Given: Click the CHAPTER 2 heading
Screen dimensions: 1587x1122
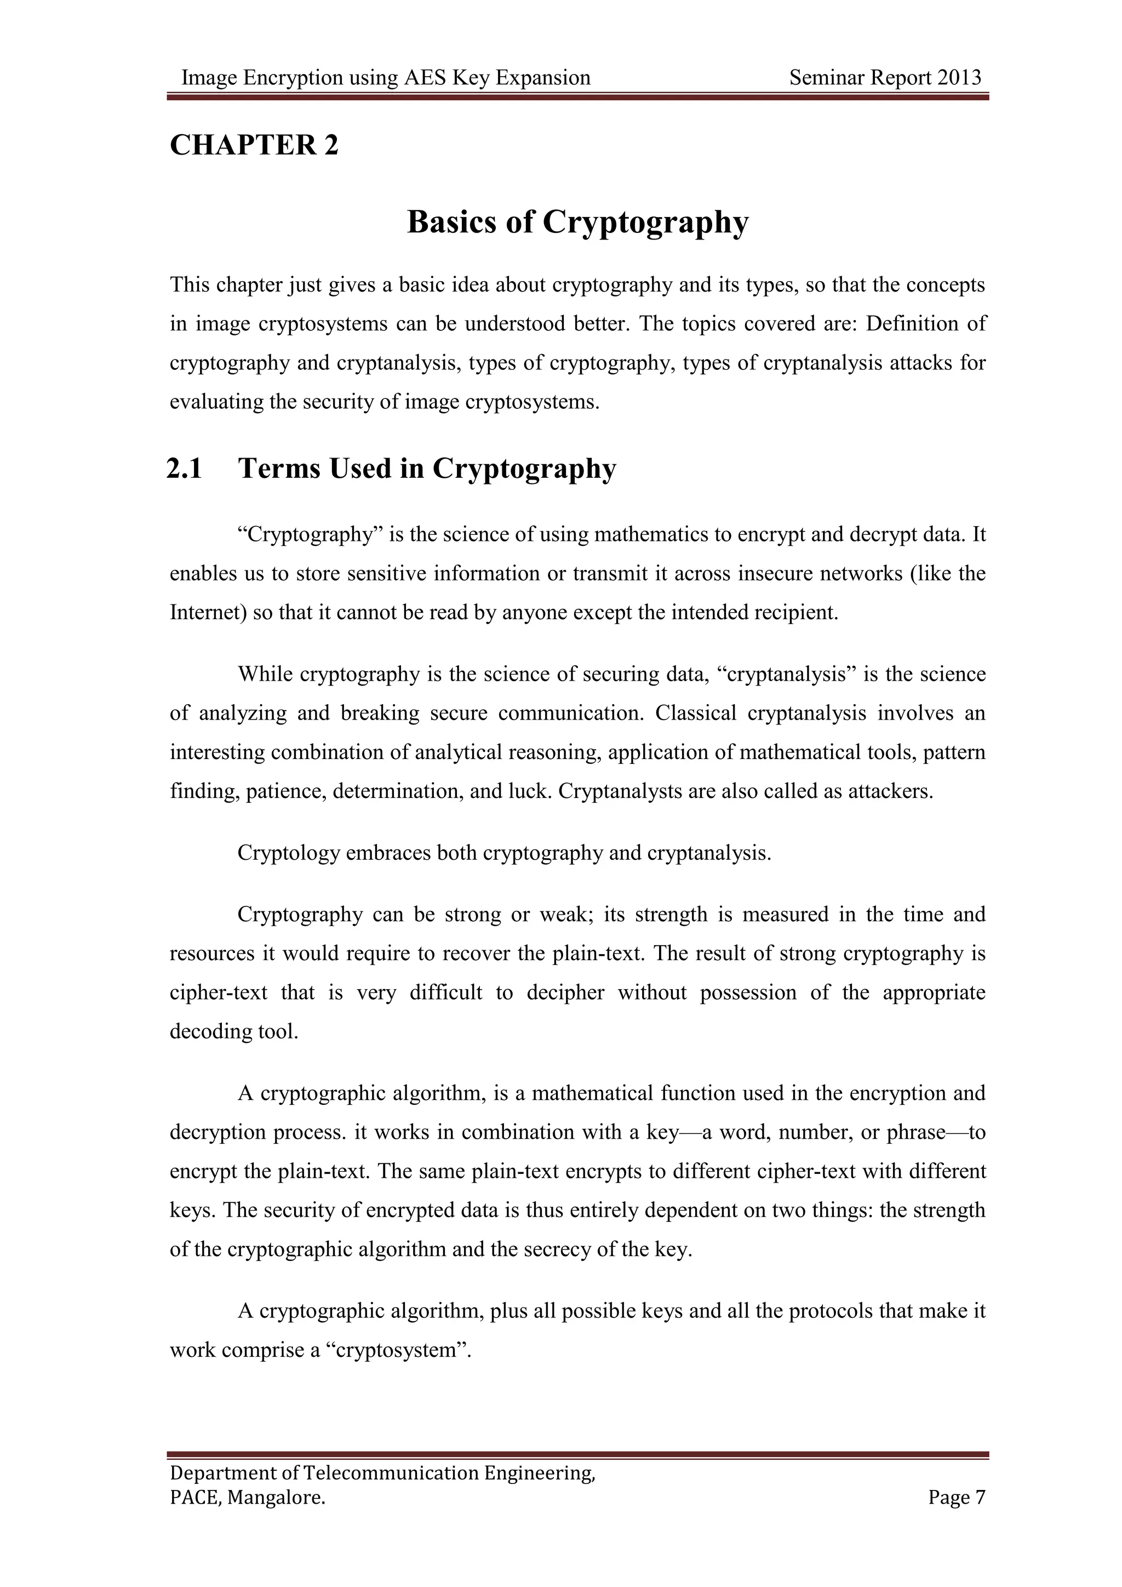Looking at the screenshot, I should (254, 145).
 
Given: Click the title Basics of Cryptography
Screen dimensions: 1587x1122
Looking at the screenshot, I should (577, 222).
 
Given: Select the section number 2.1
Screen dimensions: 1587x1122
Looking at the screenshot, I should (185, 469).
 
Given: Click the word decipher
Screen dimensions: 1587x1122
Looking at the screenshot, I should (565, 992).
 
